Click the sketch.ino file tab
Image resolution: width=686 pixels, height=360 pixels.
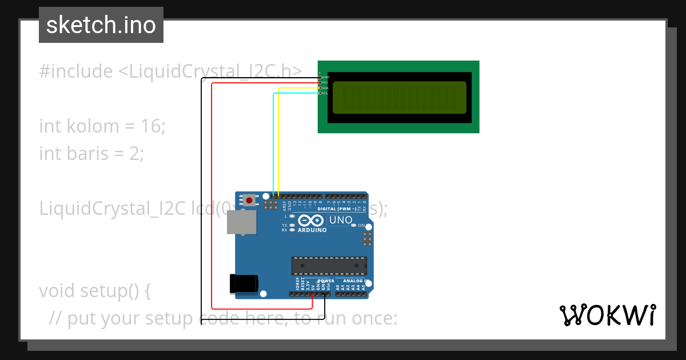click(x=101, y=25)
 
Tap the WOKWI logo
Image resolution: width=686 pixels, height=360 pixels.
click(x=607, y=315)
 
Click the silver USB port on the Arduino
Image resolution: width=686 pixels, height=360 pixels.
click(x=242, y=222)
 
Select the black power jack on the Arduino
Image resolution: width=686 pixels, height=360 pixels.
click(x=244, y=283)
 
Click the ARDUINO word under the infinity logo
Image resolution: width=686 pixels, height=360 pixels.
click(x=312, y=230)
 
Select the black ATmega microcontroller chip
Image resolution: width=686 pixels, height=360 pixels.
click(x=329, y=266)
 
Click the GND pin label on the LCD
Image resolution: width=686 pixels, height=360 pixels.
click(x=325, y=77)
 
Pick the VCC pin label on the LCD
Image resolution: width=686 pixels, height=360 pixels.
click(x=325, y=82)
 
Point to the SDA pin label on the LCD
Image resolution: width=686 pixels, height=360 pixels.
click(x=325, y=88)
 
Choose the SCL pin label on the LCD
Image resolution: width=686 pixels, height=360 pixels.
click(x=325, y=93)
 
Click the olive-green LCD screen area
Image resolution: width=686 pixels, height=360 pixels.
click(x=399, y=97)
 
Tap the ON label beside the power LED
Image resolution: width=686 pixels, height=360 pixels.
click(x=361, y=226)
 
